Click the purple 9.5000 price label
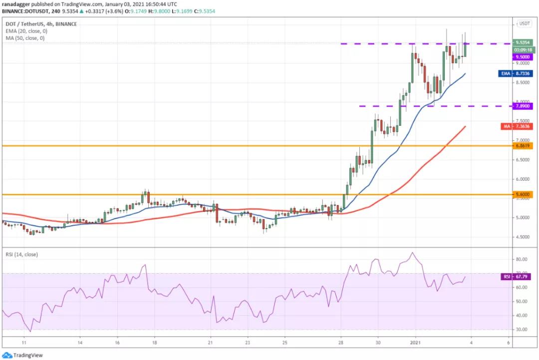pyautogui.click(x=523, y=57)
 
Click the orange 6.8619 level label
pyautogui.click(x=523, y=146)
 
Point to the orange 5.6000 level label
pyautogui.click(x=523, y=194)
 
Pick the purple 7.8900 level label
pyautogui.click(x=523, y=106)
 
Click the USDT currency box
pyautogui.click(x=525, y=23)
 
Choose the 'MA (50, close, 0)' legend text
pyautogui.click(x=24, y=38)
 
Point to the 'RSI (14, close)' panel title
pyautogui.click(x=21, y=255)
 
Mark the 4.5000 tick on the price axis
pyautogui.click(x=523, y=237)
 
